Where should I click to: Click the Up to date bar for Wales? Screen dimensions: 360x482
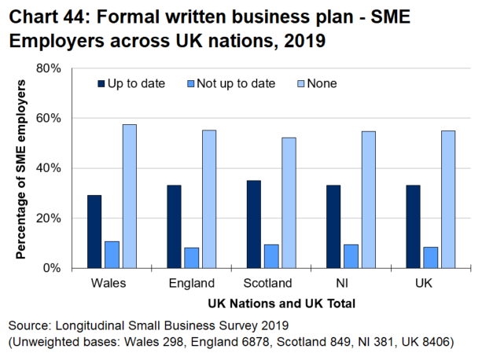coord(94,232)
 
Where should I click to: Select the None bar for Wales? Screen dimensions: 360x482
coord(129,197)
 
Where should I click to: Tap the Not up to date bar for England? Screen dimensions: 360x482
coord(192,258)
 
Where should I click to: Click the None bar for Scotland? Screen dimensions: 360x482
coord(289,203)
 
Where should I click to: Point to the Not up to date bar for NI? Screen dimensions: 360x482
coord(351,256)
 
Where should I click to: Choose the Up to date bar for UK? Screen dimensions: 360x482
coord(414,226)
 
